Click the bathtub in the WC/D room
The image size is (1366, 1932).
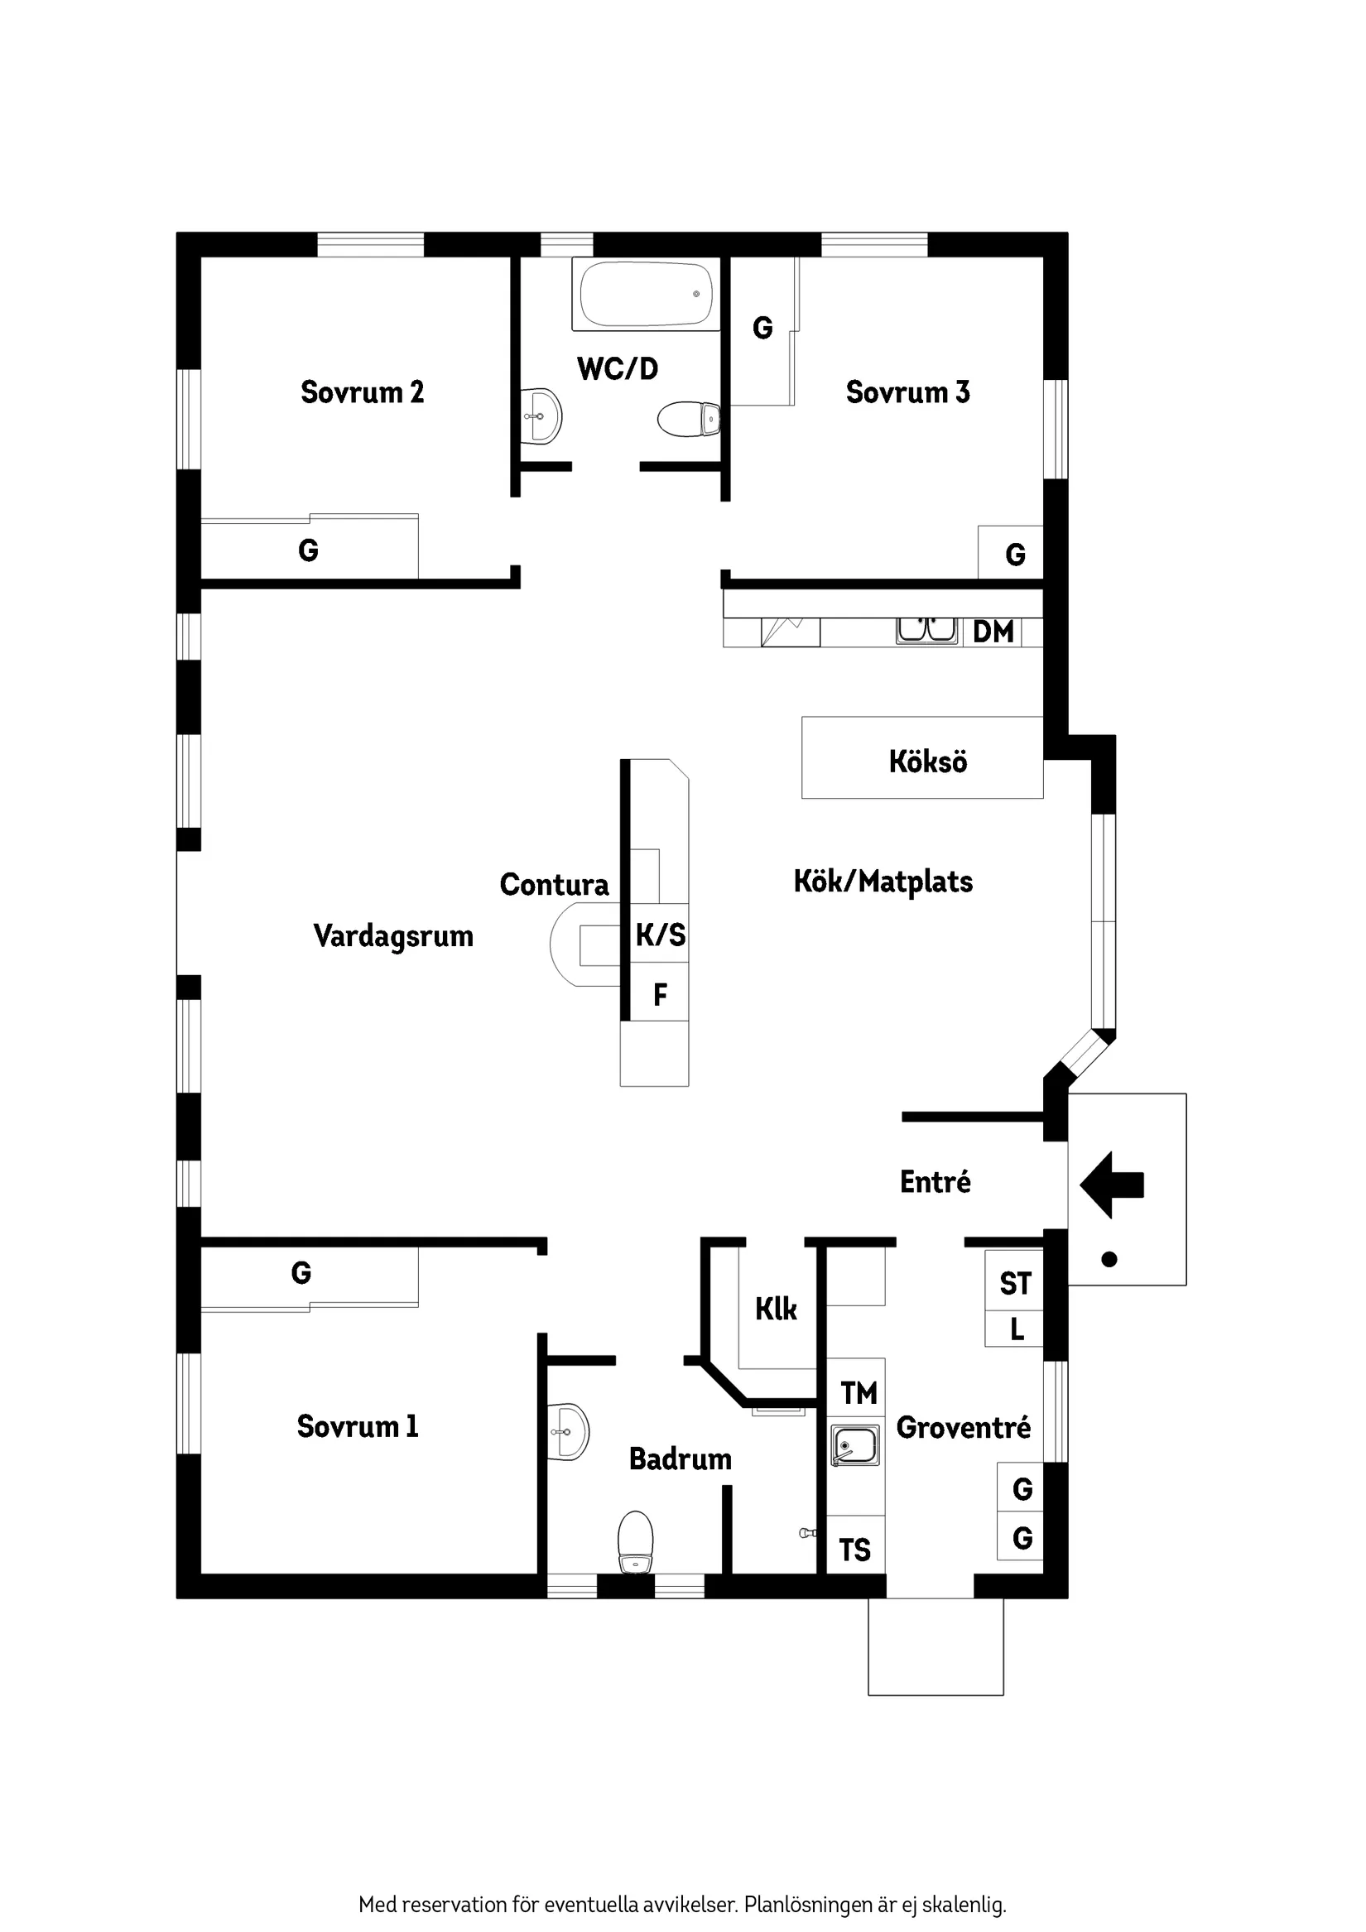click(646, 294)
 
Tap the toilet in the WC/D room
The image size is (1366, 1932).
click(688, 419)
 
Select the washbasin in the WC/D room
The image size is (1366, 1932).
click(541, 416)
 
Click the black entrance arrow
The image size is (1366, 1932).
click(1111, 1185)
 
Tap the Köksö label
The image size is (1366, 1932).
click(927, 762)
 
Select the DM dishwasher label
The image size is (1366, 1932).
click(993, 632)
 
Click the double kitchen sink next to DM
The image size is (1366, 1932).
click(926, 629)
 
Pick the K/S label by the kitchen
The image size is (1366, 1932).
click(661, 935)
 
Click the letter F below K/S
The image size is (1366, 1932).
click(661, 996)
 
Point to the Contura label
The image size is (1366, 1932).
click(554, 884)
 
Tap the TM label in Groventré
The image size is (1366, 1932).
click(859, 1393)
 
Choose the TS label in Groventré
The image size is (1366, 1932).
click(855, 1550)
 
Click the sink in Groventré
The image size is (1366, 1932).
click(855, 1446)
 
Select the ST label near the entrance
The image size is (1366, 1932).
click(1015, 1284)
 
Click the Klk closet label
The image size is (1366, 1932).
click(775, 1310)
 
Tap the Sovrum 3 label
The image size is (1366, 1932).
click(907, 392)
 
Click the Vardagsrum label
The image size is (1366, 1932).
click(393, 936)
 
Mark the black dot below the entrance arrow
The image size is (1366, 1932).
click(1109, 1260)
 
